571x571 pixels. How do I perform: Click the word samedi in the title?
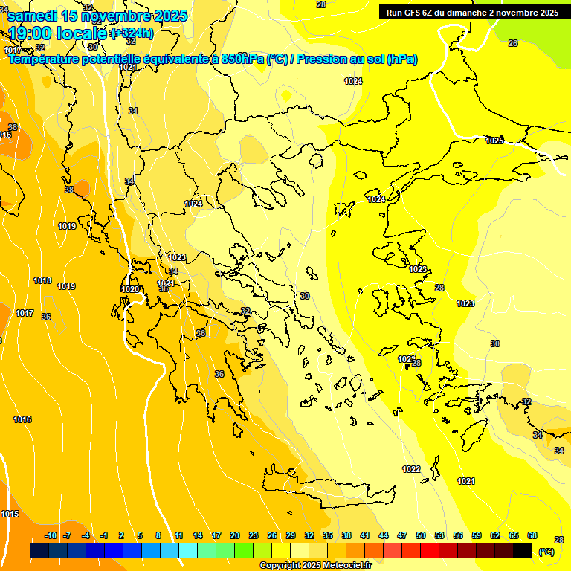(32, 16)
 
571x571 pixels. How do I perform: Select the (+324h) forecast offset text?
(132, 33)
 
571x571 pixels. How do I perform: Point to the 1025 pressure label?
(494, 141)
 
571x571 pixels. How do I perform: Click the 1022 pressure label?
(411, 469)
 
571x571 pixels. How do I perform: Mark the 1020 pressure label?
(130, 289)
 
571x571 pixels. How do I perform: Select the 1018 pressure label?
(42, 280)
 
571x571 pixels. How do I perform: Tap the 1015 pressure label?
(10, 514)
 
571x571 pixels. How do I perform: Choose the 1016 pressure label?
(22, 419)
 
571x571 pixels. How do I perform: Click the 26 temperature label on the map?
(513, 43)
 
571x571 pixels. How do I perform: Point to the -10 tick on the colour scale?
(51, 535)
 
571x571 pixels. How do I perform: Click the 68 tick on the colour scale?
(532, 535)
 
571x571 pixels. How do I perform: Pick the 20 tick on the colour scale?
(235, 535)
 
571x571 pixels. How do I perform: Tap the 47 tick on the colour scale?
(402, 535)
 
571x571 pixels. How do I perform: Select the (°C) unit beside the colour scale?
(546, 552)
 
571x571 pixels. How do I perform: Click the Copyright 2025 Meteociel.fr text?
(315, 566)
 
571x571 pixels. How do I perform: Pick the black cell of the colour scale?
(523, 550)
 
